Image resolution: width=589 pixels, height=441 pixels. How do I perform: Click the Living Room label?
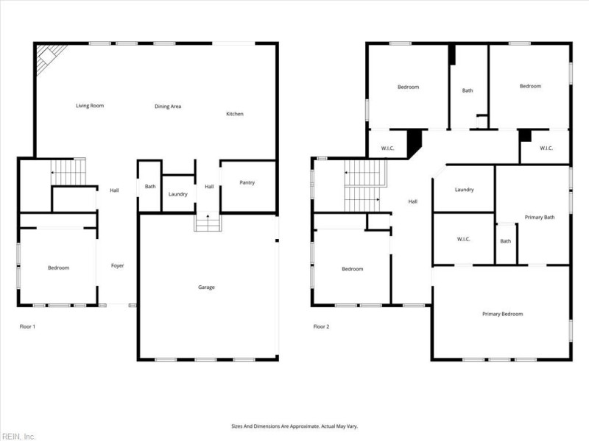(90, 106)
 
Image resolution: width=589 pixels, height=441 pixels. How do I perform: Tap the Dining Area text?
(168, 107)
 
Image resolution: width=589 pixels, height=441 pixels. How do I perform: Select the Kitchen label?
(234, 114)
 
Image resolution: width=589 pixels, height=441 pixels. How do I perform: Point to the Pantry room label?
(247, 182)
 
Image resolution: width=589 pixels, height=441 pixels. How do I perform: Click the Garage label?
(206, 287)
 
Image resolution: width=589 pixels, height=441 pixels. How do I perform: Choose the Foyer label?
(117, 265)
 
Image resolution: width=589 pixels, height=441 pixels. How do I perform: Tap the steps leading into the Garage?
(208, 222)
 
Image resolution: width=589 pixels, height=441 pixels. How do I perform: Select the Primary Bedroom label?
(502, 314)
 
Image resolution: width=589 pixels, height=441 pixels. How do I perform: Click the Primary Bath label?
(539, 217)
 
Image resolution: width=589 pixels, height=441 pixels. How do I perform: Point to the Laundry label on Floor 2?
(464, 190)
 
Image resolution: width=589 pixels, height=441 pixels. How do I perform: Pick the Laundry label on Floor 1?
(177, 194)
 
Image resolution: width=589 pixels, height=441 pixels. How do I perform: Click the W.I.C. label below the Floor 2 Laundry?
(463, 238)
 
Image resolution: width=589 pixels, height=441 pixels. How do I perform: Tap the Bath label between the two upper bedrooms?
(468, 90)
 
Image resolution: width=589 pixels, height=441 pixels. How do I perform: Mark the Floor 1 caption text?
(27, 326)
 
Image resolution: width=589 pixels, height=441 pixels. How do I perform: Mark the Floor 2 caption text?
(321, 326)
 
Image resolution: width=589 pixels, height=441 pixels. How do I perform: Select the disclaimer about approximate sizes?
(294, 426)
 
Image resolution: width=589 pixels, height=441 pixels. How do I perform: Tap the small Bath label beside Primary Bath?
(506, 241)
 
